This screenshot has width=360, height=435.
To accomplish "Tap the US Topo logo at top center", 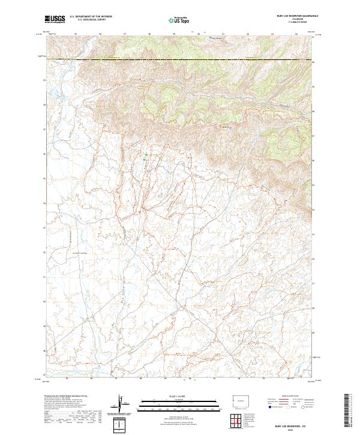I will [x=179, y=20].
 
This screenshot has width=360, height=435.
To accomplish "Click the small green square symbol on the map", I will [x=145, y=157].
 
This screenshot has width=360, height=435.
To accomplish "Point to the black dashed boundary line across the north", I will [x=180, y=59].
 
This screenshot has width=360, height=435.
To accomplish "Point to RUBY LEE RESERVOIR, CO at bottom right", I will [x=293, y=424].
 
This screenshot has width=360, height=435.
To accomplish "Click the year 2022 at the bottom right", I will [x=293, y=429].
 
